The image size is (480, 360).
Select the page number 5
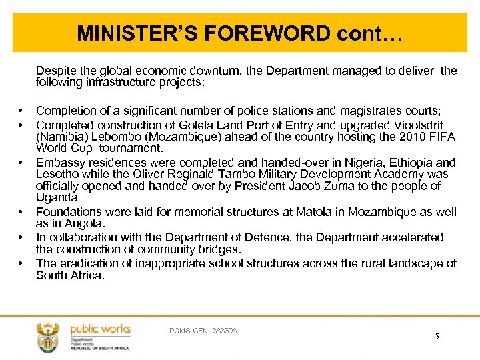point(437,336)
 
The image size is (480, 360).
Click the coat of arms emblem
point(48,337)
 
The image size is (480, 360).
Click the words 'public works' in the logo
point(101,329)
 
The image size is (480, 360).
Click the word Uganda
point(57,198)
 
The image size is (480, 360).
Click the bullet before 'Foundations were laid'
point(21,212)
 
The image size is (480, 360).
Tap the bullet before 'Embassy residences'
point(21,162)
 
